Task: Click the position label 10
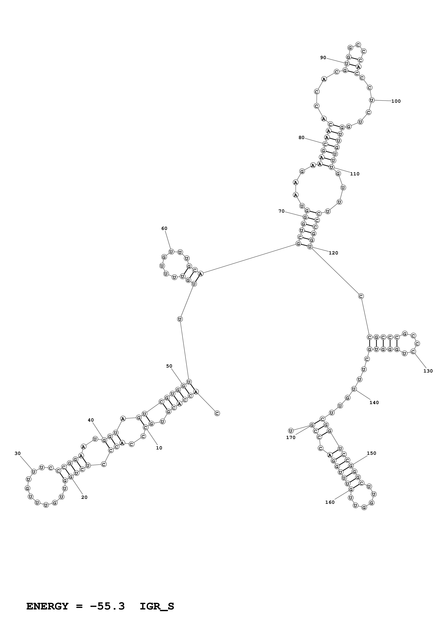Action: tap(159, 448)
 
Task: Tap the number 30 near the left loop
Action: tap(17, 453)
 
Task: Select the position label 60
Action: tap(164, 228)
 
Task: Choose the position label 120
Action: tap(333, 253)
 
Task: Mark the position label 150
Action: tap(372, 453)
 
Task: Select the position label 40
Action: tap(91, 420)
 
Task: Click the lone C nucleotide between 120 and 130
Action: tap(361, 296)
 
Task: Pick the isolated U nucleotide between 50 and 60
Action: tap(180, 319)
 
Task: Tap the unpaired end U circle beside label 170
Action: tap(291, 431)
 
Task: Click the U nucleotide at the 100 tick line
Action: tap(372, 100)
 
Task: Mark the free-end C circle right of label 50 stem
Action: tap(217, 413)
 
